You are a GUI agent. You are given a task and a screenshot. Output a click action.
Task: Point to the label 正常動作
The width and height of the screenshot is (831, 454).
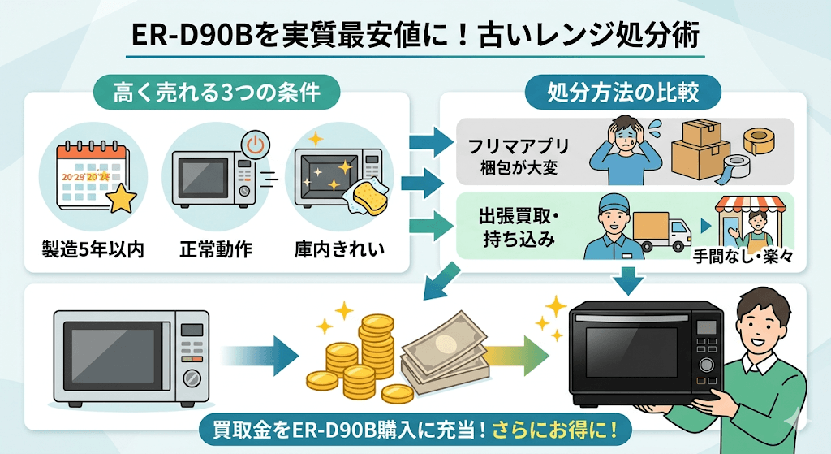coord(215,249)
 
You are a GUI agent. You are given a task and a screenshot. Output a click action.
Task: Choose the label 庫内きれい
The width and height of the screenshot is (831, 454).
coord(338,249)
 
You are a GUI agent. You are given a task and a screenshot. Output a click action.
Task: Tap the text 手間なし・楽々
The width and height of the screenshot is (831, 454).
coord(743,259)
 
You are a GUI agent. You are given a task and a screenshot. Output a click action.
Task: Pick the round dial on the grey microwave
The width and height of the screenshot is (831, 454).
coord(192,379)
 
